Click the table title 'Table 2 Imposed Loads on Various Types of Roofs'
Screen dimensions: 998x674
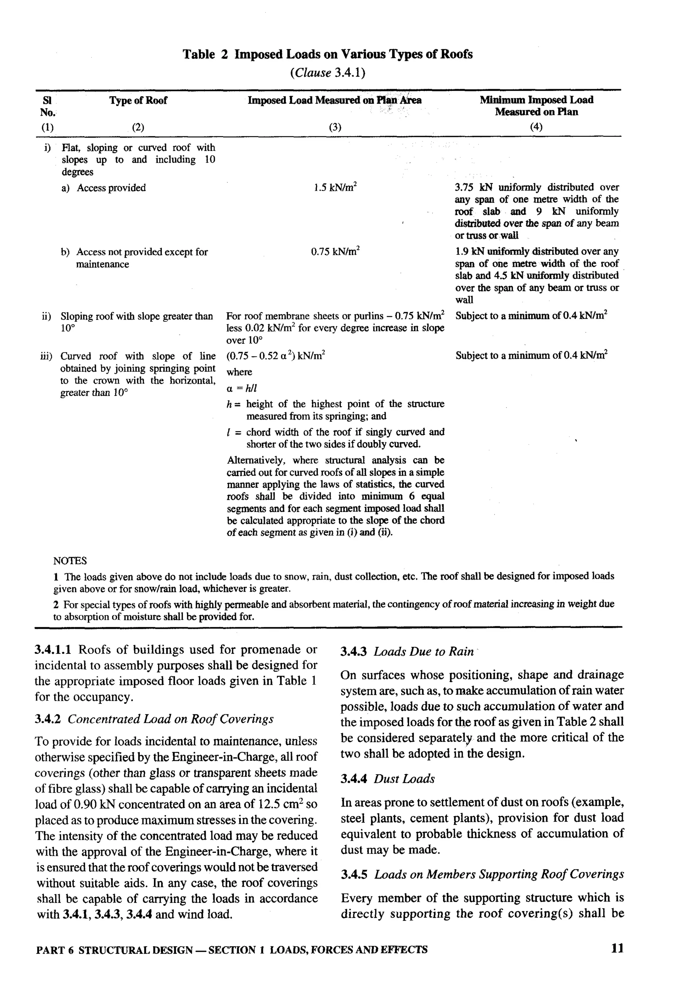point(327,55)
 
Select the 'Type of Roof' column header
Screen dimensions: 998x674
point(138,100)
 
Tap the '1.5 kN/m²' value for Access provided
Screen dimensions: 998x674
point(335,188)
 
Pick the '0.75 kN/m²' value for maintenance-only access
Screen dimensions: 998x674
point(335,251)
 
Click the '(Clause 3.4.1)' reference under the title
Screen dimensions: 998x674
point(327,73)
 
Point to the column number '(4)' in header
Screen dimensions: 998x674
point(536,127)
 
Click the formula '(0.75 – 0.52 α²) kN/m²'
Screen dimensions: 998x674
point(276,356)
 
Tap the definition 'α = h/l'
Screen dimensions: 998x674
point(242,388)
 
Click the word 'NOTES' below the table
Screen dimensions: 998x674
point(70,561)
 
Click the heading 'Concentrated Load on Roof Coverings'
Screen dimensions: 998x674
point(170,719)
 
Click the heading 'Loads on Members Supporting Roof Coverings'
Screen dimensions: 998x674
point(499,874)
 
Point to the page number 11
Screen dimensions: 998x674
point(617,949)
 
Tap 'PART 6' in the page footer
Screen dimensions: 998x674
point(55,950)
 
